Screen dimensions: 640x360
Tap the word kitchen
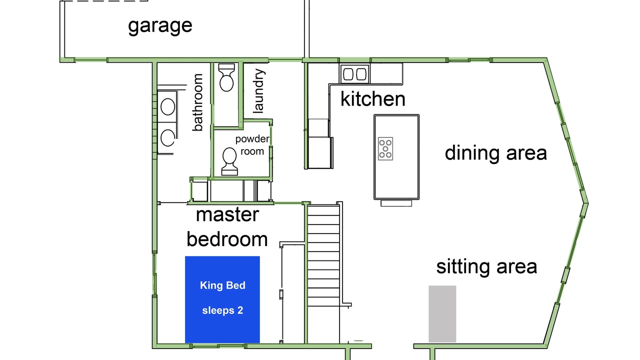[373, 99]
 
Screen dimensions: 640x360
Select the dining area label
[495, 153]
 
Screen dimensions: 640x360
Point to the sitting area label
[486, 267]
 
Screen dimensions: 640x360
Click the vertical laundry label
[259, 91]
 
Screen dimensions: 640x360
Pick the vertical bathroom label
[197, 102]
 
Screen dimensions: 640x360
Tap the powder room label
[252, 145]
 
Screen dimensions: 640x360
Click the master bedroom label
[227, 227]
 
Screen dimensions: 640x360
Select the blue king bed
[222, 299]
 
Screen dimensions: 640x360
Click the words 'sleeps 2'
[222, 310]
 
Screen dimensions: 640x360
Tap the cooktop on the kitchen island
[385, 148]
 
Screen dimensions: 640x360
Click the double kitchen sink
[354, 74]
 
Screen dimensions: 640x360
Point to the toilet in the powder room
[229, 161]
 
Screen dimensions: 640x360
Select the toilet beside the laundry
[226, 77]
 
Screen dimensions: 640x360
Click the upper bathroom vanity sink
[167, 106]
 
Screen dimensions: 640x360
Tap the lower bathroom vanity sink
[167, 137]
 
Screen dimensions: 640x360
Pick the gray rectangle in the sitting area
[442, 313]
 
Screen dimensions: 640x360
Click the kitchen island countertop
[396, 157]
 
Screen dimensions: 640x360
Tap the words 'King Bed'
[222, 285]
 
